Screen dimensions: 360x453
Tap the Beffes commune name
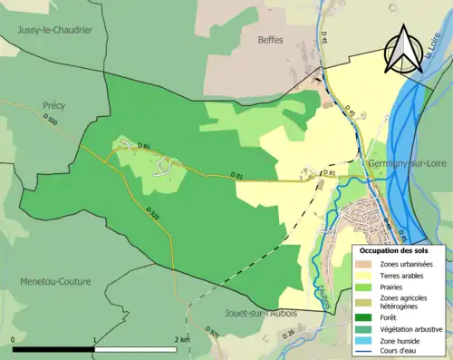pyautogui.click(x=270, y=40)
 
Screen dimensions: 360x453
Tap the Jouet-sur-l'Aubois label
pyautogui.click(x=261, y=313)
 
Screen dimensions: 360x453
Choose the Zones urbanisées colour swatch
pyautogui.click(x=368, y=264)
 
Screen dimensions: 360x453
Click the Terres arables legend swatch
pyautogui.click(x=368, y=275)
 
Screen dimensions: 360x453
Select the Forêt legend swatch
pyautogui.click(x=368, y=316)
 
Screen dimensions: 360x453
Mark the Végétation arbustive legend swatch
pyautogui.click(x=368, y=327)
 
